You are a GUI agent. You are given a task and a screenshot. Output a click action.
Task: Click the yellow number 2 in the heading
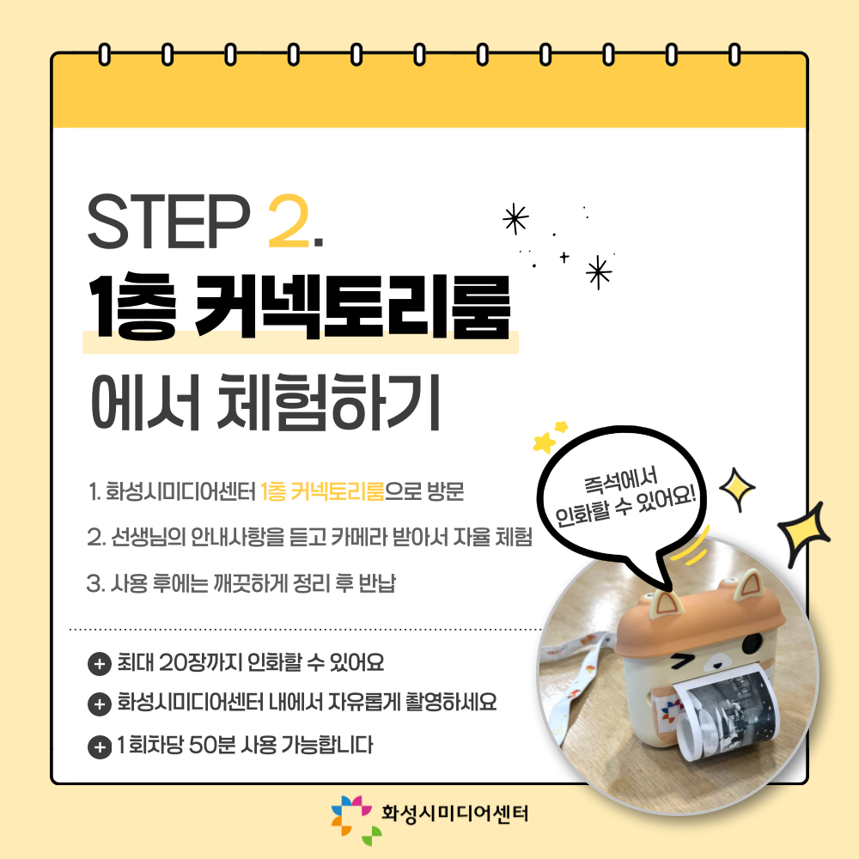click(288, 221)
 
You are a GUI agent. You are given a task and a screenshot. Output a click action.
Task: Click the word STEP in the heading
click(168, 221)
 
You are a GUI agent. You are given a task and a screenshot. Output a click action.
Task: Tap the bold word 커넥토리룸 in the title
click(353, 306)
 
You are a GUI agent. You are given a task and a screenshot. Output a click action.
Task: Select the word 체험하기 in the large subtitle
click(329, 402)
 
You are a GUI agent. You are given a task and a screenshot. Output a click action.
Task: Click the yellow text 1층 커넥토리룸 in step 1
click(322, 491)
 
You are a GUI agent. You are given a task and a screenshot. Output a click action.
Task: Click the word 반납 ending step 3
click(377, 583)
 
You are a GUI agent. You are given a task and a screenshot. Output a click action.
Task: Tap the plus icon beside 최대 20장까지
click(99, 664)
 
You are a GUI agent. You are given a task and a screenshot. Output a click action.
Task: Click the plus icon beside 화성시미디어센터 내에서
click(99, 704)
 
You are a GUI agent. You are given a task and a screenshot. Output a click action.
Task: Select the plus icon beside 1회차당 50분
click(99, 746)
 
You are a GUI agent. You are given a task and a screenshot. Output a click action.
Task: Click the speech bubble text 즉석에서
click(620, 481)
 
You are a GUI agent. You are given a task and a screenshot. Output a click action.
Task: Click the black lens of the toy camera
click(753, 642)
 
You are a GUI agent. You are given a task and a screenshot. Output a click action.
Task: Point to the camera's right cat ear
click(748, 584)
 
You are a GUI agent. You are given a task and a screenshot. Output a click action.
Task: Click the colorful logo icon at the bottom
click(356, 819)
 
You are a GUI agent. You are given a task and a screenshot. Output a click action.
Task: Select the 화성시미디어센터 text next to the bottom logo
click(454, 813)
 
